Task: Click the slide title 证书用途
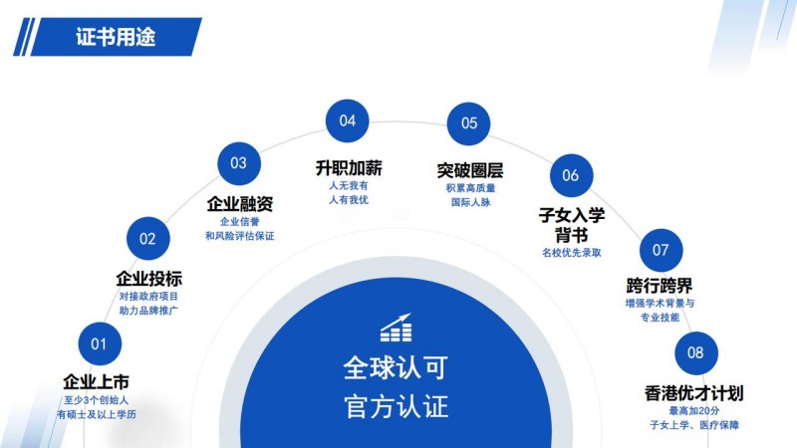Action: (116, 37)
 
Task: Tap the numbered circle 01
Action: (100, 343)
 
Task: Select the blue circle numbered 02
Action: (147, 239)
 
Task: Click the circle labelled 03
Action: (239, 163)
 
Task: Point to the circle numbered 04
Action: (347, 120)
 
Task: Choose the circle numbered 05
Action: (468, 123)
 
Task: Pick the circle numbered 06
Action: (571, 176)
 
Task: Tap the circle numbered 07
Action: (661, 250)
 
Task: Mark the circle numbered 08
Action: (695, 353)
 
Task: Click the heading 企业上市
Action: (96, 382)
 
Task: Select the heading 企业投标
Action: (148, 279)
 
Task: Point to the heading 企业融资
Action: (240, 204)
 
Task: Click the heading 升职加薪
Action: (349, 167)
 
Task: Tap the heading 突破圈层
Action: (470, 170)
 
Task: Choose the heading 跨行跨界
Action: (660, 286)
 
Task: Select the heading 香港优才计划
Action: (694, 393)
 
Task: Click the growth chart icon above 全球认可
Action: (396, 328)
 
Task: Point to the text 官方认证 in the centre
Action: (396, 407)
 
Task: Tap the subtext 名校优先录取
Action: (572, 253)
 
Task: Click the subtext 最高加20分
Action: (694, 411)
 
